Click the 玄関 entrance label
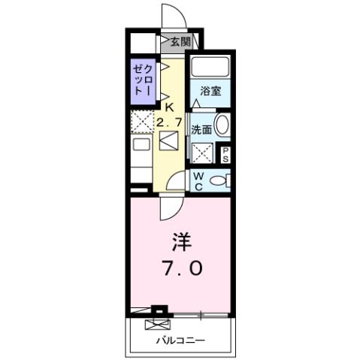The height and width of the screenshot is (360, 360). click(180, 42)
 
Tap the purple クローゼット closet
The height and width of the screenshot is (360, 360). click(141, 80)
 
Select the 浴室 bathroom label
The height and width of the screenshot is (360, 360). click(210, 94)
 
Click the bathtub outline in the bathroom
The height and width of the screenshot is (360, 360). click(210, 68)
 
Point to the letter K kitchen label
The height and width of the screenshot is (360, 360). click(169, 107)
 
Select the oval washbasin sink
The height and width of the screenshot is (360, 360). click(222, 126)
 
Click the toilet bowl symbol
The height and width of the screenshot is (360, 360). click(219, 180)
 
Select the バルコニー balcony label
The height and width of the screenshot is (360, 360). click(180, 340)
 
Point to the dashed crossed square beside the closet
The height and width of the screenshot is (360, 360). click(142, 120)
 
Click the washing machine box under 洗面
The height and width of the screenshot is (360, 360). click(201, 153)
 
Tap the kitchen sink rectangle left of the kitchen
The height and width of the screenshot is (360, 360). click(141, 146)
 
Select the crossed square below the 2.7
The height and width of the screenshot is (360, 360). click(169, 141)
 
